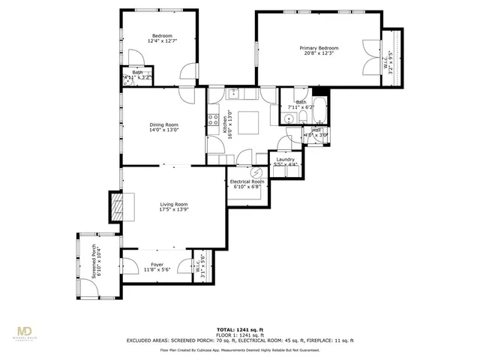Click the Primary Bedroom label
pos(320,47)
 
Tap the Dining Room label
pos(163,124)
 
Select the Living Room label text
pos(172,204)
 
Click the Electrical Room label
pos(247,181)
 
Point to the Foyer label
pos(157,264)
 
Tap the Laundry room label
pos(284,159)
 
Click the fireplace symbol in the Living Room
pos(116,206)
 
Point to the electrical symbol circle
pos(247,172)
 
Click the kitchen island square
pos(250,121)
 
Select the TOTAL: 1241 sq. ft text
pos(240,329)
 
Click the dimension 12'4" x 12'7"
pos(163,41)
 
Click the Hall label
pos(316,130)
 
